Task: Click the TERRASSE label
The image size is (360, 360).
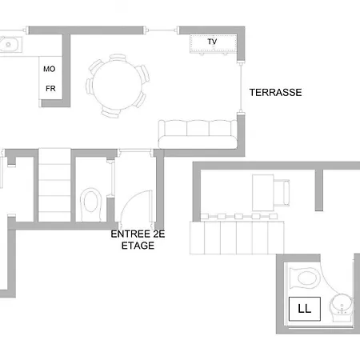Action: (x=275, y=93)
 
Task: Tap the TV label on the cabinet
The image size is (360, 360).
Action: (x=212, y=42)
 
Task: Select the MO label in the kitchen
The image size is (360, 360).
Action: (x=50, y=69)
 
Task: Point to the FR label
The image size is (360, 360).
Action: (x=50, y=88)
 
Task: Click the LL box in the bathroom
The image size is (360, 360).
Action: (x=305, y=309)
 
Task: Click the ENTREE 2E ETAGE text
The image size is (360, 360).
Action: (x=138, y=240)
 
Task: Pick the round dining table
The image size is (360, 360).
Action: (x=118, y=85)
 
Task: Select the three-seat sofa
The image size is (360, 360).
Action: (x=198, y=134)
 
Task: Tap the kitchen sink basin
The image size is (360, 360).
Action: (x=10, y=44)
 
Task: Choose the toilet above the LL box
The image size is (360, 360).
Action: (x=305, y=278)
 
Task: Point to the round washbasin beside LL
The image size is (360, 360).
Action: (x=342, y=307)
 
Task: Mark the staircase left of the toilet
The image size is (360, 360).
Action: (x=54, y=185)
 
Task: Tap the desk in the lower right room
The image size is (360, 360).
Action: (x=263, y=193)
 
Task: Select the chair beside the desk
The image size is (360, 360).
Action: (x=282, y=193)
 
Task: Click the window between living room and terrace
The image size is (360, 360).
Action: (x=241, y=87)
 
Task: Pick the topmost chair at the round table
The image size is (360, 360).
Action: (x=118, y=57)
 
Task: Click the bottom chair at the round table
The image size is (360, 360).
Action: (x=110, y=113)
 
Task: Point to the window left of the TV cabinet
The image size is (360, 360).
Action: (x=162, y=30)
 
